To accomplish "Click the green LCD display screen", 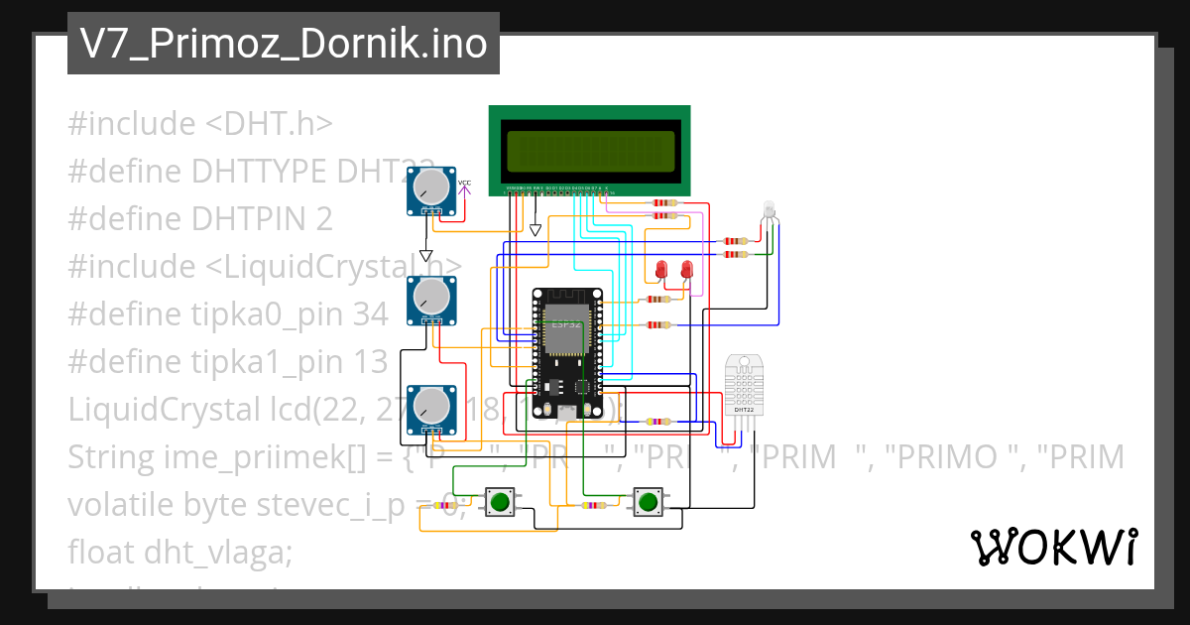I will coord(590,151).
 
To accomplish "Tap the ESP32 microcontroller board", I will coord(566,352).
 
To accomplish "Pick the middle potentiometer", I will coord(431,298).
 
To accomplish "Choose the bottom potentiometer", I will coord(431,408).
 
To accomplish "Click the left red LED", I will coord(662,269).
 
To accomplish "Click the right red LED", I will coord(686,269).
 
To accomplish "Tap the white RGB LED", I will coord(770,211).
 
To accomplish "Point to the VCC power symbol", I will coord(464,185).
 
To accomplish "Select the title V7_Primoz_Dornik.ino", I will coord(283,44).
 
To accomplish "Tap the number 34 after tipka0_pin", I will coord(370,314).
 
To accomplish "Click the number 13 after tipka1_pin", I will coord(369,362).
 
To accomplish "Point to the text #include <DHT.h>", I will coord(199,124).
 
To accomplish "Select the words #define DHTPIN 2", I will coord(199,219).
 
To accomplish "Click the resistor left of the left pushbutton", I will coord(445,505).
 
